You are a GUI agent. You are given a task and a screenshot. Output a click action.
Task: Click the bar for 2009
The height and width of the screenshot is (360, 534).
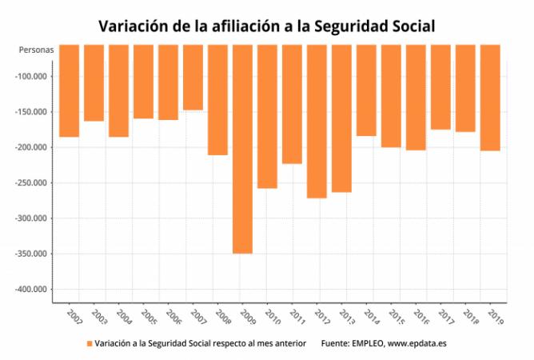tap(242, 149)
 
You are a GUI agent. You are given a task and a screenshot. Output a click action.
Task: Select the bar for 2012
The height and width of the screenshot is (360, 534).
tap(317, 122)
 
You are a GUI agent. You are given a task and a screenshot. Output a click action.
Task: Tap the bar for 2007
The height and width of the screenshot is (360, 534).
tap(193, 78)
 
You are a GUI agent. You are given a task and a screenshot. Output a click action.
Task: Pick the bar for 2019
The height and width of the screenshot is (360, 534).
tap(490, 98)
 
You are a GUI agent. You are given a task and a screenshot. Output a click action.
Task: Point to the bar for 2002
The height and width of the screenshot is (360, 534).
tap(69, 90)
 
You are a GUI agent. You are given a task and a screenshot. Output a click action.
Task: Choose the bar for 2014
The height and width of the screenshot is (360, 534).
tap(366, 90)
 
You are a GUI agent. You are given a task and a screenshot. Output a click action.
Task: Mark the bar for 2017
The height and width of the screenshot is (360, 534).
tap(440, 87)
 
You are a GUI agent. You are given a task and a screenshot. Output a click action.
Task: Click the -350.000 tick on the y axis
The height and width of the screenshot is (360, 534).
tap(30, 254)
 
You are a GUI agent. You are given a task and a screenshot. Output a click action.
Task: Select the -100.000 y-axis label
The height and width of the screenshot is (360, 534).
tap(30, 76)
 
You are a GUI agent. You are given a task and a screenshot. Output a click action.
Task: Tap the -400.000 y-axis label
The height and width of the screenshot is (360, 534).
tap(30, 289)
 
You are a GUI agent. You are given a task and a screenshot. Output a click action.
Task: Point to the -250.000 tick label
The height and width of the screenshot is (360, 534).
tap(30, 182)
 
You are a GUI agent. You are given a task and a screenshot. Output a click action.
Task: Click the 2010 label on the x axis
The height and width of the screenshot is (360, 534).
tap(273, 317)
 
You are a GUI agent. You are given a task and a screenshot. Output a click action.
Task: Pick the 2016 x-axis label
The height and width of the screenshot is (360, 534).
tap(421, 317)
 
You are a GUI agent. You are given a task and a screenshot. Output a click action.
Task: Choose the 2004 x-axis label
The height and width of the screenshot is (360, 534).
tap(124, 317)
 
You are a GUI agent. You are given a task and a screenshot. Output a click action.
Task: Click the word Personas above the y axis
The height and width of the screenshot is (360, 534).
tap(36, 50)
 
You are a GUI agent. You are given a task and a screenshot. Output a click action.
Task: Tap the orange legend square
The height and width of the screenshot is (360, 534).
tap(90, 344)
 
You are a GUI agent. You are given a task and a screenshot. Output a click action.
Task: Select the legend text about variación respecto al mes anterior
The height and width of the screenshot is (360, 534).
tap(200, 343)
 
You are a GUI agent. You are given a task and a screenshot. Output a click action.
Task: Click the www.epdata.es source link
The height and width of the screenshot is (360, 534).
tap(416, 343)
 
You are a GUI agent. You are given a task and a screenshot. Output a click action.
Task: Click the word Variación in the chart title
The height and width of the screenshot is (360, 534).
tap(133, 26)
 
